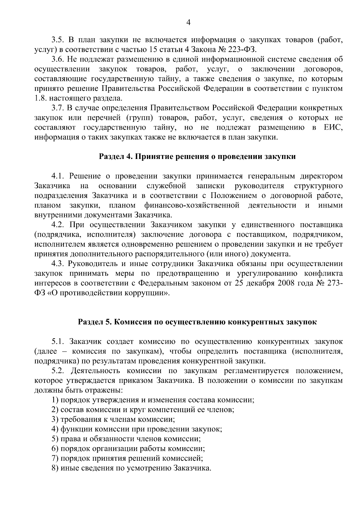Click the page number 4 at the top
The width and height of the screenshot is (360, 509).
188,22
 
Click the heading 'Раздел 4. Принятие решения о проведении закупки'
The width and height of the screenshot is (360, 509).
197,157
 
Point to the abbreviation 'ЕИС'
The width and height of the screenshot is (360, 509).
333,127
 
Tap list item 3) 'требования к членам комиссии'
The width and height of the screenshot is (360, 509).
113,420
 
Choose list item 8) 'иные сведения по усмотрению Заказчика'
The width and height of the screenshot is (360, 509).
131,468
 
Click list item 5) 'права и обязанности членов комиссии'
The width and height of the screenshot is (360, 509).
126,439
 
